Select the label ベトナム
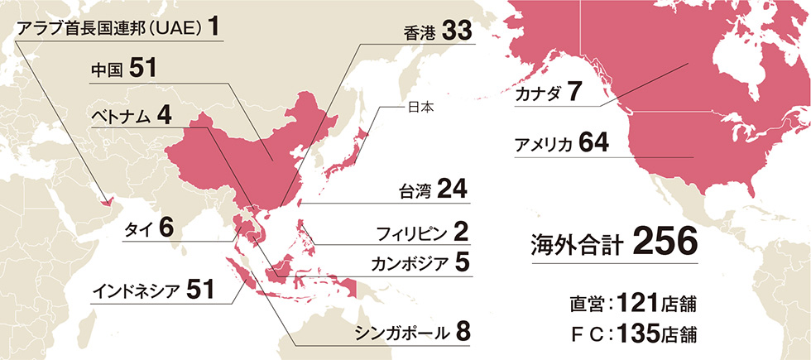(120, 117)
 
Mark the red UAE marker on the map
(105, 200)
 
